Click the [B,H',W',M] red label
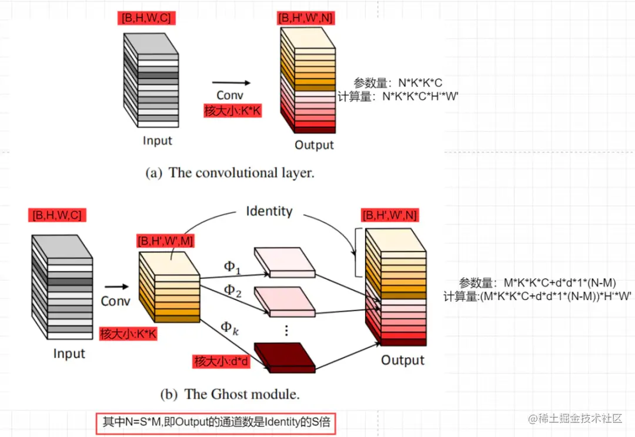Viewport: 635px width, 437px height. [165, 240]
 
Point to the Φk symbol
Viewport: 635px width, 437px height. [229, 328]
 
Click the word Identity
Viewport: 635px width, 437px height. [269, 211]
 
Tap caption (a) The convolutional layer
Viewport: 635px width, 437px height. [229, 173]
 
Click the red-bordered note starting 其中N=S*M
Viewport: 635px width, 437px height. [216, 422]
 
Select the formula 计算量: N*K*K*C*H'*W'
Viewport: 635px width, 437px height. [398, 97]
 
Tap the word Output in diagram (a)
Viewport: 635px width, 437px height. [314, 145]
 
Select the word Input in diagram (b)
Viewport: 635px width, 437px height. [69, 354]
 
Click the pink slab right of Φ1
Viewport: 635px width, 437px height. [285, 262]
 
